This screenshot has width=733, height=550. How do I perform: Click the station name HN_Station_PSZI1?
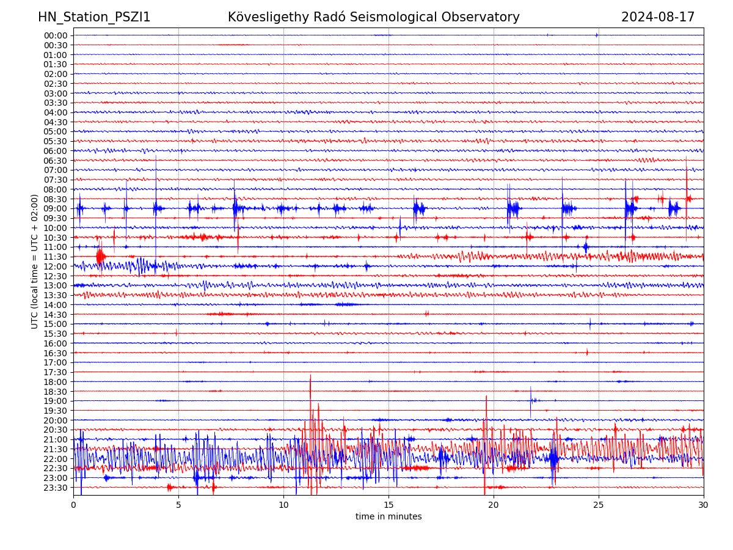coord(94,17)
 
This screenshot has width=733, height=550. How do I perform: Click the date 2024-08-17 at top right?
coord(658,17)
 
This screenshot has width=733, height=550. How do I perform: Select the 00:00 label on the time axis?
coord(56,35)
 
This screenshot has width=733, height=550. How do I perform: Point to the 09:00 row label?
coord(56,208)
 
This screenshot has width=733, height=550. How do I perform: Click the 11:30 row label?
coord(56,257)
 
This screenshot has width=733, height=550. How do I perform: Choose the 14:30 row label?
coord(56,314)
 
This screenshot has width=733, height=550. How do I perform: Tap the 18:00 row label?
coord(56,381)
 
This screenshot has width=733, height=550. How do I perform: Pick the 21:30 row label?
coord(56,449)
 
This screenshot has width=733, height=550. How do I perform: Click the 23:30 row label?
coord(56,487)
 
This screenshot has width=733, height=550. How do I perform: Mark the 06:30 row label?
coord(56,161)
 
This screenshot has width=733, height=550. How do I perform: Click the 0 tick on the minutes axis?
coord(73,505)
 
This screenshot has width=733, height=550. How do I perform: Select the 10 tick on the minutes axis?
coord(283,505)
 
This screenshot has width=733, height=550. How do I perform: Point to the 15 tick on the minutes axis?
coord(388,505)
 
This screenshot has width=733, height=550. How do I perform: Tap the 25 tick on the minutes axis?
coord(599,505)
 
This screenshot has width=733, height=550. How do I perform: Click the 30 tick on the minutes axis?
coord(704,505)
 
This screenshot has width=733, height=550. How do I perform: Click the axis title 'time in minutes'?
coord(388,516)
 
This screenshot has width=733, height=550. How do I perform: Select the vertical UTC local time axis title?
coord(35,261)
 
